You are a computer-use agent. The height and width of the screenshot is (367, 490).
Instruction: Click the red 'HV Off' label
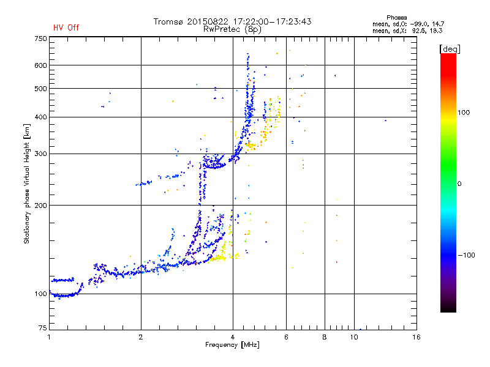point(66,28)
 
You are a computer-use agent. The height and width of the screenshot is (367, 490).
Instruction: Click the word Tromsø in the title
point(168,21)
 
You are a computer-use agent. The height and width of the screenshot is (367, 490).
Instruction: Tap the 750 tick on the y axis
point(41,39)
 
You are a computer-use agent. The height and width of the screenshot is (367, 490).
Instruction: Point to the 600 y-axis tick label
point(41,65)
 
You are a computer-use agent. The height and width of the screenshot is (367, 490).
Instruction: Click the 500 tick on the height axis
point(41,89)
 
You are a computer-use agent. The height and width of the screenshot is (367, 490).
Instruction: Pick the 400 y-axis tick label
point(41,117)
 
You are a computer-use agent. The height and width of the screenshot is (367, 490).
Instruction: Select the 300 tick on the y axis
point(41,154)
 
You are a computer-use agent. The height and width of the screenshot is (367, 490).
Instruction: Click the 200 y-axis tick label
point(41,206)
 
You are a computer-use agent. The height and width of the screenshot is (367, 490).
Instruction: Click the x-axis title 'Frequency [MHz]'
point(232,346)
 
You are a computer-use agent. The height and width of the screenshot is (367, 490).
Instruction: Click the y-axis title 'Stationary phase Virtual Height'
point(27,183)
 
